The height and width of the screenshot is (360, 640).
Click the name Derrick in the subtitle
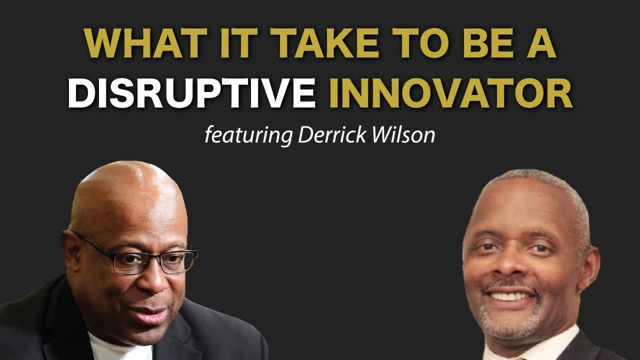coord(330,135)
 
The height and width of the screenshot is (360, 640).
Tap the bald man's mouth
coord(152,315)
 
